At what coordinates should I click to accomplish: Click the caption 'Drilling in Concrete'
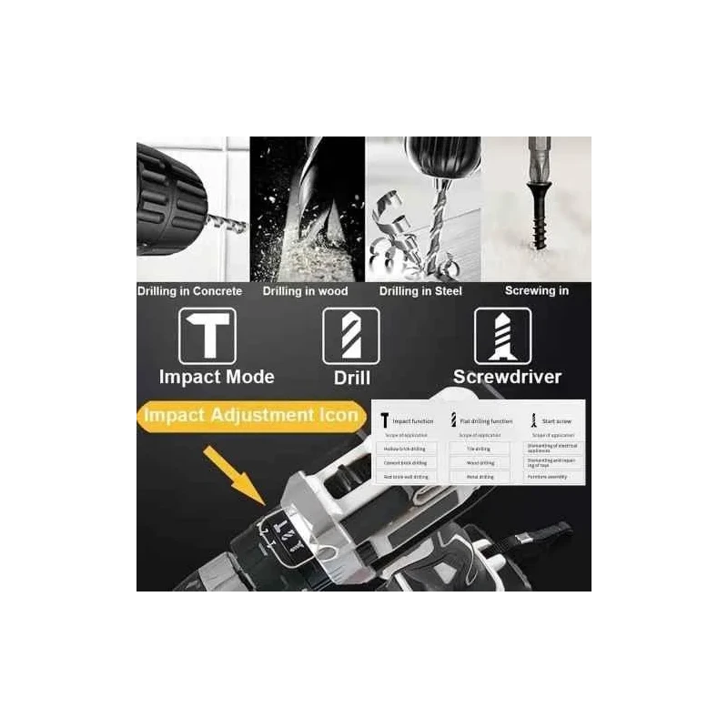coord(189,291)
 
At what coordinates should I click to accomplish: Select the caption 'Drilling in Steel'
coord(420,291)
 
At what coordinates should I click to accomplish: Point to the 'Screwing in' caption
coord(537,291)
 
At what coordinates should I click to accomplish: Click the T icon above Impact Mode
coord(208,336)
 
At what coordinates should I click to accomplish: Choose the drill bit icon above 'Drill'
coord(351,336)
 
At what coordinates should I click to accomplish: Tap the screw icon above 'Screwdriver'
coord(503,336)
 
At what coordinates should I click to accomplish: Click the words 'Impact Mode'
coord(217,376)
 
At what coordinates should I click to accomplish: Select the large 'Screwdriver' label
coord(508,376)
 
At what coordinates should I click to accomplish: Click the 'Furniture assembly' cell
coord(553,477)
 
